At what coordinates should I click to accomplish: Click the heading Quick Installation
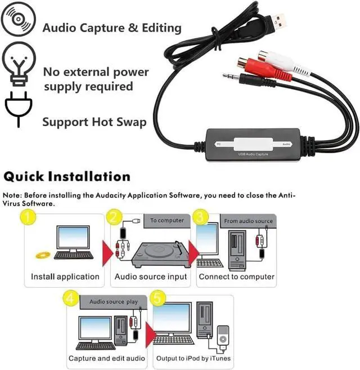tap(67, 177)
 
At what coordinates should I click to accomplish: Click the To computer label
tap(166, 221)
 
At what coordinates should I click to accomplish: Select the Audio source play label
tap(113, 302)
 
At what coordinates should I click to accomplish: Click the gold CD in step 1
tap(43, 255)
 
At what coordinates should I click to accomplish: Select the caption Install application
tap(65, 277)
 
